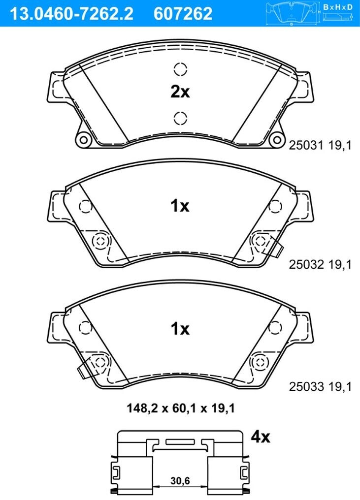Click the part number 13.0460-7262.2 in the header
71,13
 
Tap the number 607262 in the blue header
183,13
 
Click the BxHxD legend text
338,7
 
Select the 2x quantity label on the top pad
180,92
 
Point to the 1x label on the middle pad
180,206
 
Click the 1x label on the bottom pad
180,328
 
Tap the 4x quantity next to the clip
260,437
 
